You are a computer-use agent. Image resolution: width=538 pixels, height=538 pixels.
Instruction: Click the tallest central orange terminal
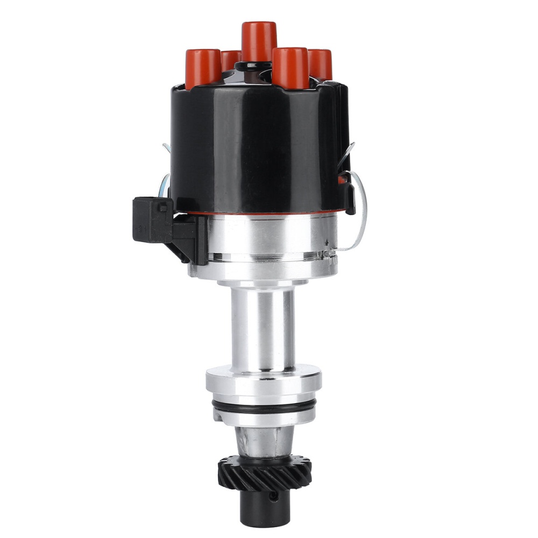[259, 40]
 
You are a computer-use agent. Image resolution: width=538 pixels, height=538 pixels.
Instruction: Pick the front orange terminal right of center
[291, 67]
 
